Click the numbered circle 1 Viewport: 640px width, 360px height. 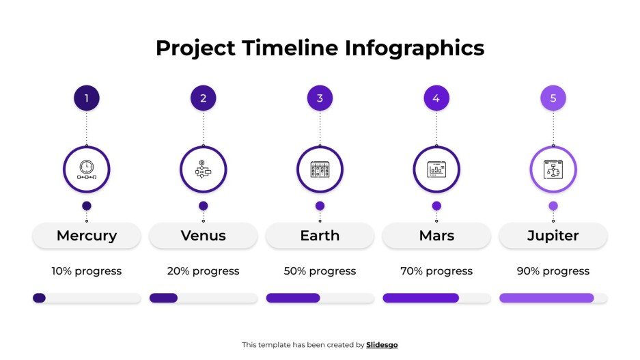coord(87,98)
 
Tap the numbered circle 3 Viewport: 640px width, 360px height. coord(320,98)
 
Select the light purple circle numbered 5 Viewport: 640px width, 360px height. coord(553,98)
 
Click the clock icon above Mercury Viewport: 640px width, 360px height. coord(87,169)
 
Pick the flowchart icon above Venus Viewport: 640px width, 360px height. coord(203,169)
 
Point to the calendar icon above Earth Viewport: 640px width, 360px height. coord(320,169)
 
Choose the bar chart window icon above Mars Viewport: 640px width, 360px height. coord(436,169)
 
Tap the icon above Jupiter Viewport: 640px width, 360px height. coord(553,169)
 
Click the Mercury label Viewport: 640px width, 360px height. coord(87,236)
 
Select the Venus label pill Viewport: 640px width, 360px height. coord(203,236)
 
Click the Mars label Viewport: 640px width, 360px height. coord(436,236)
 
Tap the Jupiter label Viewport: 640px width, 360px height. coord(553,236)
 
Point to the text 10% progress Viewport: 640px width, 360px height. coord(87,271)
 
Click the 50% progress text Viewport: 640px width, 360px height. coord(320,271)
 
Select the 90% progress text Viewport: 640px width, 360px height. coord(553,271)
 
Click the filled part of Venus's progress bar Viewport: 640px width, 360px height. coord(163,298)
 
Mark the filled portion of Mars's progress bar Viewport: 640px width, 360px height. coord(420,298)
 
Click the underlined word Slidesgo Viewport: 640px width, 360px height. coord(382,345)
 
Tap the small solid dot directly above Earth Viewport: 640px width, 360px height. coord(320,206)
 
